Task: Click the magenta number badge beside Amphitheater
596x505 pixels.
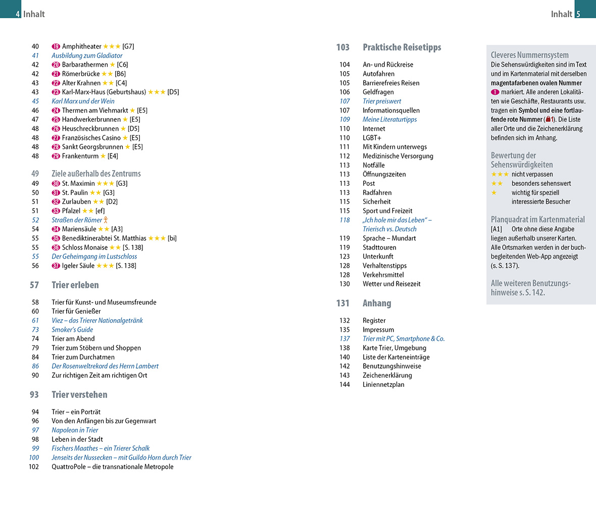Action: [56, 46]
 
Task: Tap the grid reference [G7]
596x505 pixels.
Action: [128, 46]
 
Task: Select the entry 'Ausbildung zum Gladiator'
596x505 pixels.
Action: [87, 56]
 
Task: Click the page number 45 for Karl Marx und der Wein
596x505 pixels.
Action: [35, 101]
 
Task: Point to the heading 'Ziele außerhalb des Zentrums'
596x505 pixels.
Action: [96, 173]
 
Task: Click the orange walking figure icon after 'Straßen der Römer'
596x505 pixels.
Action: [106, 220]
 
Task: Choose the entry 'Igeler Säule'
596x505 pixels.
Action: [78, 266]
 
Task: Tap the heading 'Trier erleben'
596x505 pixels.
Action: [75, 285]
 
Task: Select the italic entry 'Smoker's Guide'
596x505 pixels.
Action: [72, 329]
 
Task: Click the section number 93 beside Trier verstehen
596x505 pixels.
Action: [34, 394]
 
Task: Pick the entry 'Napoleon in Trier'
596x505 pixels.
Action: [75, 430]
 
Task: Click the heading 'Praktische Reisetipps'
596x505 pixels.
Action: [402, 47]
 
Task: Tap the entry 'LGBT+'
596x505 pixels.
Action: [372, 137]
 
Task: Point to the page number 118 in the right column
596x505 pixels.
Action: [344, 220]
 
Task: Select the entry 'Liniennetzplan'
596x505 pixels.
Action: [383, 384]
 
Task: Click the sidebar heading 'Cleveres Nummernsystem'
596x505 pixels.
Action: [529, 55]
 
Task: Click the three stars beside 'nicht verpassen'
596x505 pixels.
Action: [500, 174]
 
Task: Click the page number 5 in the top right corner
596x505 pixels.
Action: [579, 14]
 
